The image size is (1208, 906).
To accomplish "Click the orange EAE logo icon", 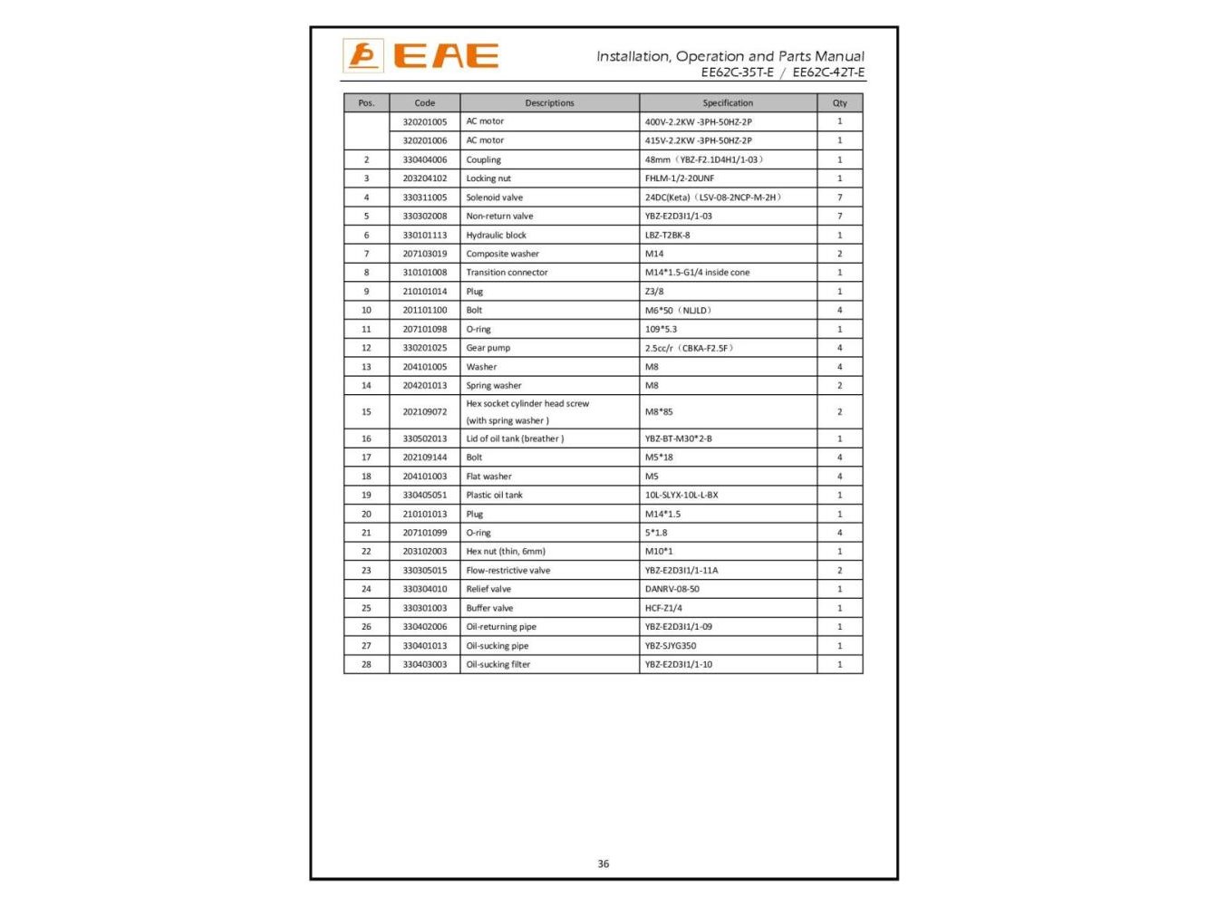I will tap(362, 56).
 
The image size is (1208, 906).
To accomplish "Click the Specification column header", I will tap(727, 103).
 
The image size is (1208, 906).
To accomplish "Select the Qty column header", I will tap(839, 103).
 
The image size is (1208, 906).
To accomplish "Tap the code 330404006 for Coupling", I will tap(424, 159).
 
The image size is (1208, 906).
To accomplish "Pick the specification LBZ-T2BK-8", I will tap(667, 236).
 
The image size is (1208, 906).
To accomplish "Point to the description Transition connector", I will tap(507, 273).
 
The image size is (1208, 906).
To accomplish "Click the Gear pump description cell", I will tap(488, 348).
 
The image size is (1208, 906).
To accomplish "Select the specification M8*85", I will tap(659, 412).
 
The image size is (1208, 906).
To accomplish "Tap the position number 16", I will tap(366, 439).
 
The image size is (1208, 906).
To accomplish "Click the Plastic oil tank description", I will tap(494, 496).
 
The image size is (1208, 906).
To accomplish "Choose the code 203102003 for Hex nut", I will tap(424, 552).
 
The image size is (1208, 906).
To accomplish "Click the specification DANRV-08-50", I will tap(672, 589).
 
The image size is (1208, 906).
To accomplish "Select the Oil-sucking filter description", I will tap(498, 664).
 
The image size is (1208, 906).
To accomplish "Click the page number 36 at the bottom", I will tap(604, 863).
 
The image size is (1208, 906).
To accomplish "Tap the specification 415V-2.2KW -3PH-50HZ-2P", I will tap(698, 140).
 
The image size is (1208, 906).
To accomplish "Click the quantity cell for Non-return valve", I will tap(839, 217).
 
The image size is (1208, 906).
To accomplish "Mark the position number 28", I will tap(366, 664).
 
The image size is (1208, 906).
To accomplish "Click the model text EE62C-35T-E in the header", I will tap(737, 72).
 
